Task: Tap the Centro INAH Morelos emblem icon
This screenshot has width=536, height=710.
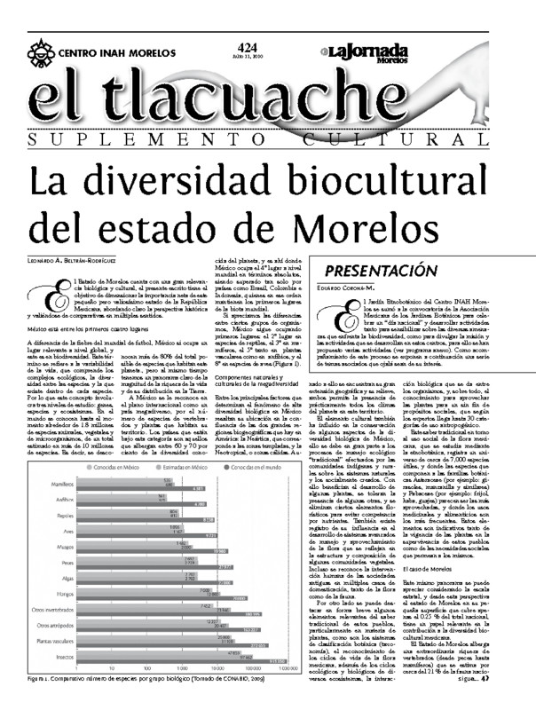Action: pyautogui.click(x=40, y=51)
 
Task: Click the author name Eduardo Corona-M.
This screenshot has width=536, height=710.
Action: pyautogui.click(x=352, y=287)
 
